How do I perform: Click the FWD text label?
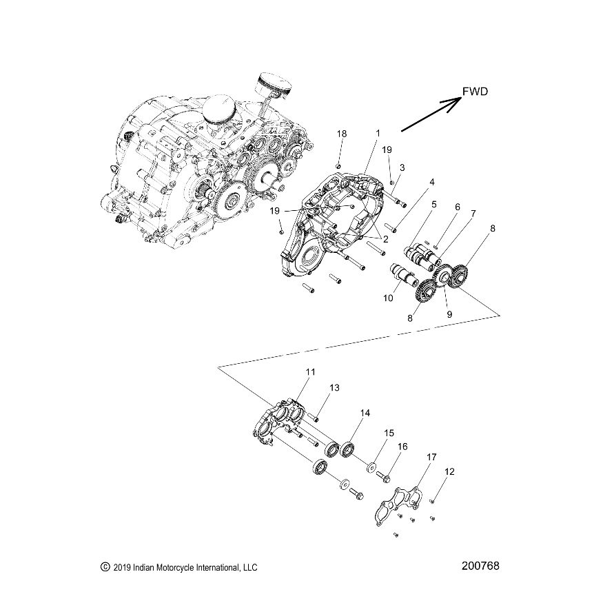point(475,91)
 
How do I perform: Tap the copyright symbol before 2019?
point(105,567)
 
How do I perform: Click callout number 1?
point(378,132)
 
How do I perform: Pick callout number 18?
point(342,132)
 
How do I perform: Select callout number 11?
point(310,372)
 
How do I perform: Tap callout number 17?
point(431,456)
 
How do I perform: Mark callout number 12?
point(450,472)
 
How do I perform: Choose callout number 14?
point(365,413)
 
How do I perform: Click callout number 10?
point(388,298)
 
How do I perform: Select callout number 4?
point(432,183)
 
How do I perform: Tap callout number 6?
point(456,207)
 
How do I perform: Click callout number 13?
point(334,388)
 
